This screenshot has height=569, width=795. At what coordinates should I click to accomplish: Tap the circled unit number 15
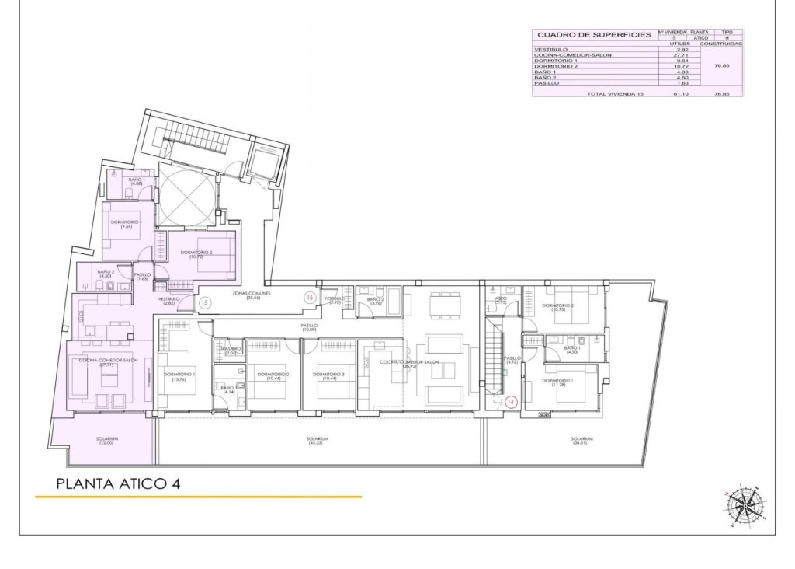[205, 302]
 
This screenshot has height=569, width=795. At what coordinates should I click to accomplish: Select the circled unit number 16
[309, 297]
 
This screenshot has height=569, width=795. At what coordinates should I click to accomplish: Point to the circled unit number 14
[510, 402]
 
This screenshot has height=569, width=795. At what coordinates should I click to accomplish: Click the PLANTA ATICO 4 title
[119, 483]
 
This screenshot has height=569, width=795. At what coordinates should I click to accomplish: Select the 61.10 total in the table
[682, 93]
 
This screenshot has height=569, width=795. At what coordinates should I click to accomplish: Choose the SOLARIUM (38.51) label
[581, 441]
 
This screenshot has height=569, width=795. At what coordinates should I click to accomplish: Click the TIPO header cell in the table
[727, 33]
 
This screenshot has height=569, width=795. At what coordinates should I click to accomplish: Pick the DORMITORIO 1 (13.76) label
[179, 377]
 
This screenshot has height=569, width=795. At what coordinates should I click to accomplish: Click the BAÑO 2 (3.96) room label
[376, 301]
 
